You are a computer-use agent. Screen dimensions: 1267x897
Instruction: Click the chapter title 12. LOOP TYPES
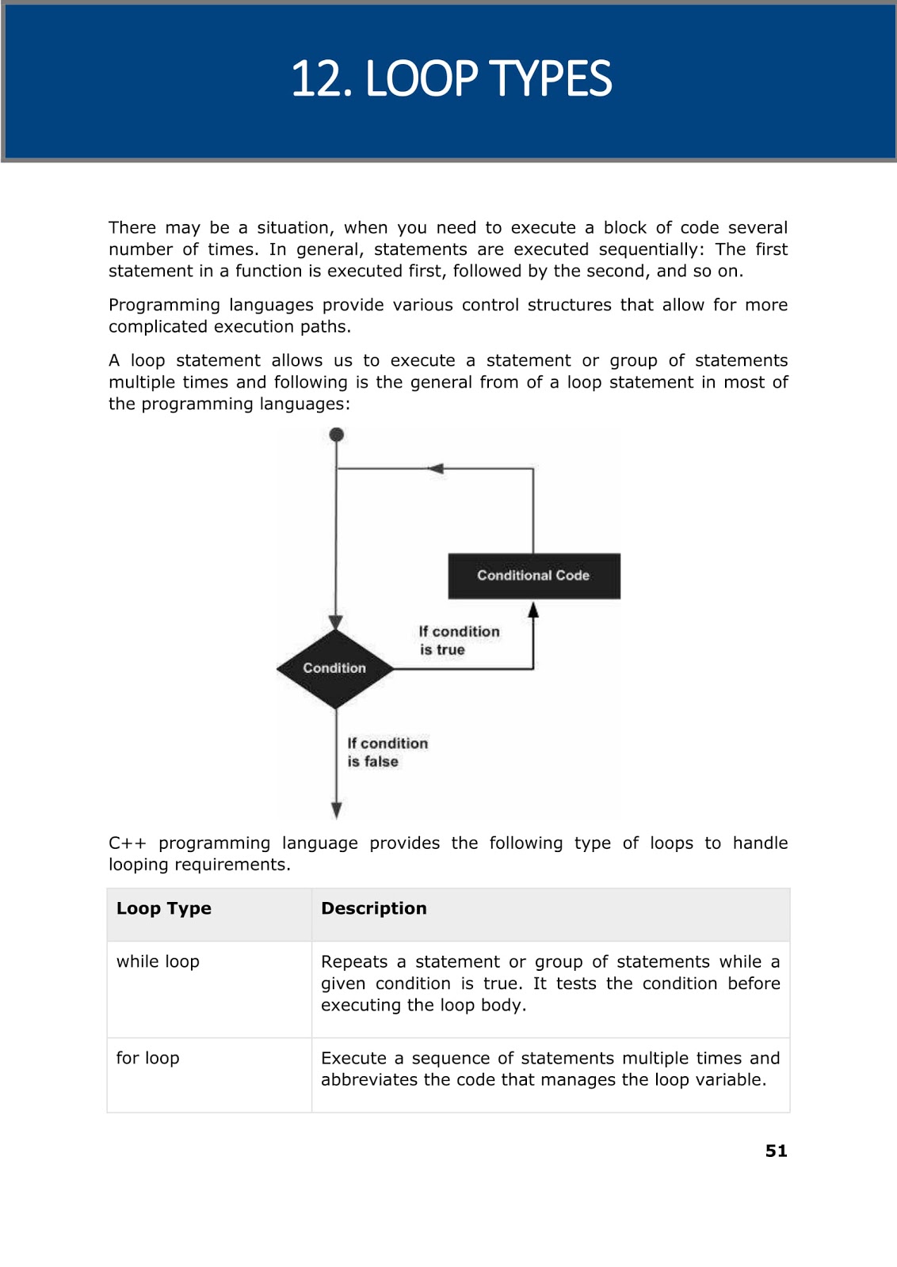coord(451,79)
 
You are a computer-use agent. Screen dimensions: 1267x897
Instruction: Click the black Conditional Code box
coord(533,576)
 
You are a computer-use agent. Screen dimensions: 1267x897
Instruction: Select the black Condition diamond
coord(335,668)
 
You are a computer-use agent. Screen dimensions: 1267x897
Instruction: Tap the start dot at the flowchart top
coord(337,435)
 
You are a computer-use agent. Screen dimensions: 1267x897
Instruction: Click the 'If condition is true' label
coord(458,641)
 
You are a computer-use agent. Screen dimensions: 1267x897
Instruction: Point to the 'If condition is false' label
coord(387,752)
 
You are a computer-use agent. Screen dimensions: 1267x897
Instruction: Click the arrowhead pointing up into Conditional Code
coord(533,610)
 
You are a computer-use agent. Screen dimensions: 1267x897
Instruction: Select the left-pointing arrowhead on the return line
coord(436,469)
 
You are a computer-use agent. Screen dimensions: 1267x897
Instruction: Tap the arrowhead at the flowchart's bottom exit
coord(337,810)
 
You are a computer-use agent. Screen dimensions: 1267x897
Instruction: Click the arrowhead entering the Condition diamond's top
coord(336,622)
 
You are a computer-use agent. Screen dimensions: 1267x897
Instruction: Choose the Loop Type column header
coord(164,908)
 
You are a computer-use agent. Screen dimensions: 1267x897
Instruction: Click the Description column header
coord(373,908)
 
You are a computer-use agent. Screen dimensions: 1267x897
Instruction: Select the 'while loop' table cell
coord(158,961)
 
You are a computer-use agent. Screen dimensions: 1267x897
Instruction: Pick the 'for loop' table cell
coord(147,1058)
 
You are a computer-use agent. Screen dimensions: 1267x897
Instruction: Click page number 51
coord(776,1151)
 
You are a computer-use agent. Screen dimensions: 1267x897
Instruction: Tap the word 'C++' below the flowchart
coord(127,843)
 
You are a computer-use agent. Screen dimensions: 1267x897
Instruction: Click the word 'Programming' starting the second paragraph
coord(163,306)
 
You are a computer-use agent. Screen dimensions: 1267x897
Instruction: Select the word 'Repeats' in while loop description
coord(353,961)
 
